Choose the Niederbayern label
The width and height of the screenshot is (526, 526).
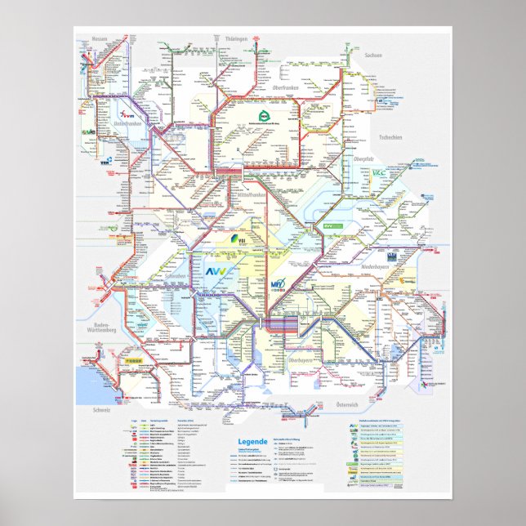pos(378,268)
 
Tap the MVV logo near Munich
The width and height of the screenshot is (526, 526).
pos(278,285)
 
